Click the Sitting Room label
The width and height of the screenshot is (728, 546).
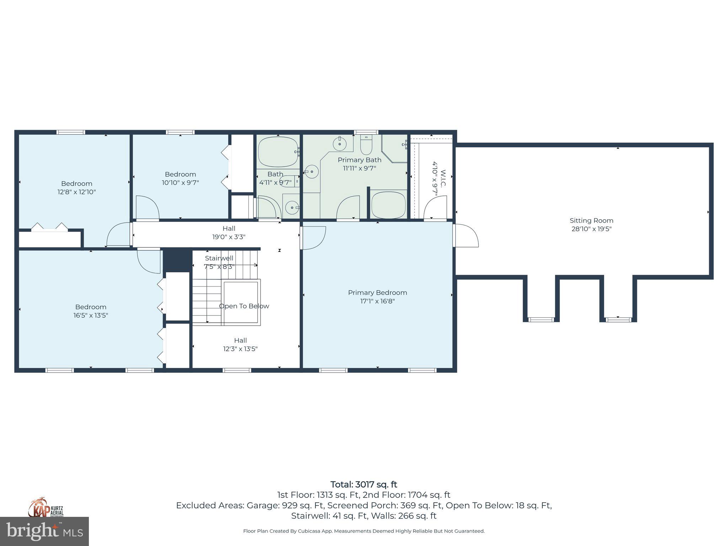591,220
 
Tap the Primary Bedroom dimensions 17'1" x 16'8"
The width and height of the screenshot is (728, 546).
377,301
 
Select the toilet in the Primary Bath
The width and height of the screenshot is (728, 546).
366,146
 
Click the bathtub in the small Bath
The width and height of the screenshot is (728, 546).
278,152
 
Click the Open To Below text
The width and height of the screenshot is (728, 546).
244,306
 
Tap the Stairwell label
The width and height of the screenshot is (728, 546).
219,258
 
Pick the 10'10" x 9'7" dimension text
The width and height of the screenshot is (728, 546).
180,183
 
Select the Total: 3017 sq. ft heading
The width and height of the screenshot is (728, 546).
364,485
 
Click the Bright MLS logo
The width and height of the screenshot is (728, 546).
44,531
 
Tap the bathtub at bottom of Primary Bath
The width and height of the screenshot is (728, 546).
389,205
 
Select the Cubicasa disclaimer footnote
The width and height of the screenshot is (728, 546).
364,531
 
